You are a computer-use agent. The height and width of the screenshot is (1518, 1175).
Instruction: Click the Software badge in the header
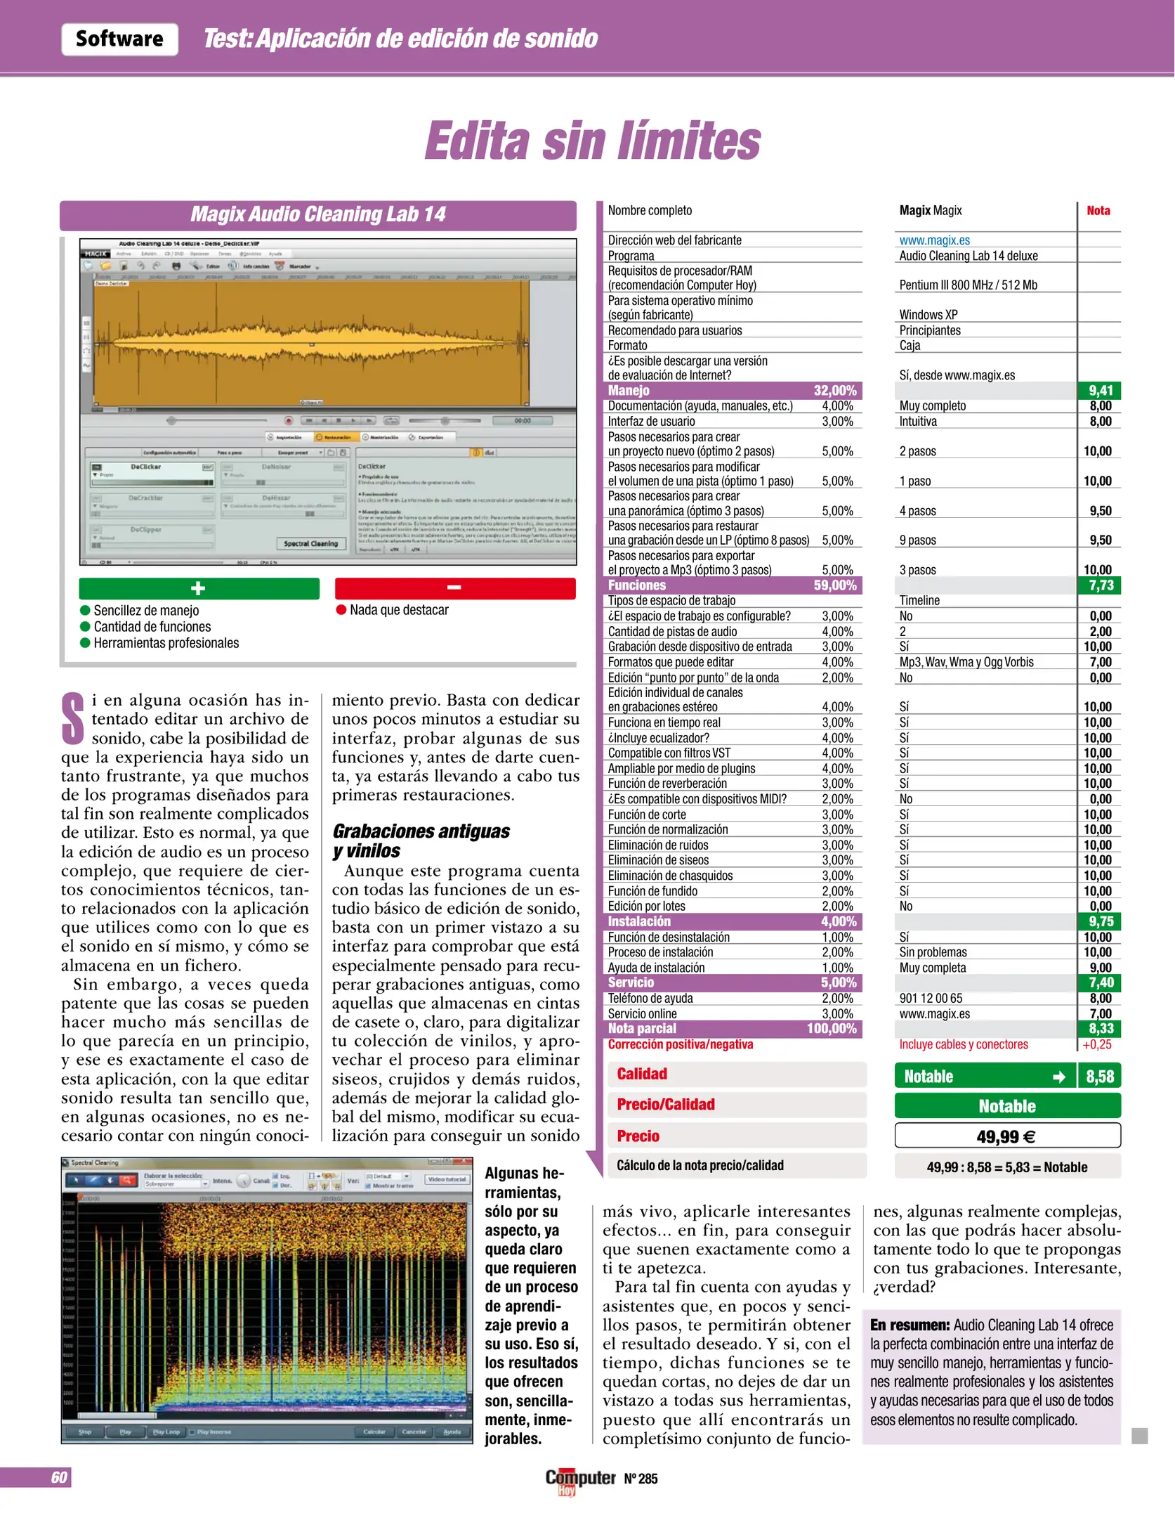click(119, 39)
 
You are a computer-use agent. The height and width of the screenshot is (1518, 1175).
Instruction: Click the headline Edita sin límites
click(592, 141)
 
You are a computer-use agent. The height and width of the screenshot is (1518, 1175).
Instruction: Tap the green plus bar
click(199, 588)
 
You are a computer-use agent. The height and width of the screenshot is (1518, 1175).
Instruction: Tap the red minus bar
click(454, 588)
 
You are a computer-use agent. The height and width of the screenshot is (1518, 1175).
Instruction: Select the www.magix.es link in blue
click(934, 240)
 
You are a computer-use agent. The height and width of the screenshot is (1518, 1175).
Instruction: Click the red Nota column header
click(1098, 211)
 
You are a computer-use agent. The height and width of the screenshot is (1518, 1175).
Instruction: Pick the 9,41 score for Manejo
click(1100, 391)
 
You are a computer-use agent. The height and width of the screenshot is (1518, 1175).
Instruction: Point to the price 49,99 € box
click(1006, 1136)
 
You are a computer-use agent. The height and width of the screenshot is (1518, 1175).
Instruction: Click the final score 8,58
click(1099, 1077)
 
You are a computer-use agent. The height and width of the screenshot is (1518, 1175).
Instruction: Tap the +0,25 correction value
click(1096, 1044)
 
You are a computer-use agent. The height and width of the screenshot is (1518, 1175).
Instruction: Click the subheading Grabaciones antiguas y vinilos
click(421, 841)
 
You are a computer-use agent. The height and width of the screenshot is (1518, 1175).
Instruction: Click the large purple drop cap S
click(73, 718)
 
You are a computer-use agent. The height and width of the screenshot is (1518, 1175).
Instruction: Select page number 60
click(59, 1477)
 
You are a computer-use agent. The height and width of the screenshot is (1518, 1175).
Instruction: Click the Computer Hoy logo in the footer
click(579, 1479)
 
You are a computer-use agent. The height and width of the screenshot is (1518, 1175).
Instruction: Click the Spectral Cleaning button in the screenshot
click(310, 543)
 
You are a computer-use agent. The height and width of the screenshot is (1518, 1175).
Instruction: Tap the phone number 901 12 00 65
click(931, 998)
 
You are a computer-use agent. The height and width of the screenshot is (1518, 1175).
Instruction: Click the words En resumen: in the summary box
click(910, 1325)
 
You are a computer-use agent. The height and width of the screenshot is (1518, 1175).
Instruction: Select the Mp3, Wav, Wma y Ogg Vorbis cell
click(966, 662)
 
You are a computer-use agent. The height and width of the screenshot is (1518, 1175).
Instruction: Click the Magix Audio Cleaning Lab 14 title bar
click(317, 214)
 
